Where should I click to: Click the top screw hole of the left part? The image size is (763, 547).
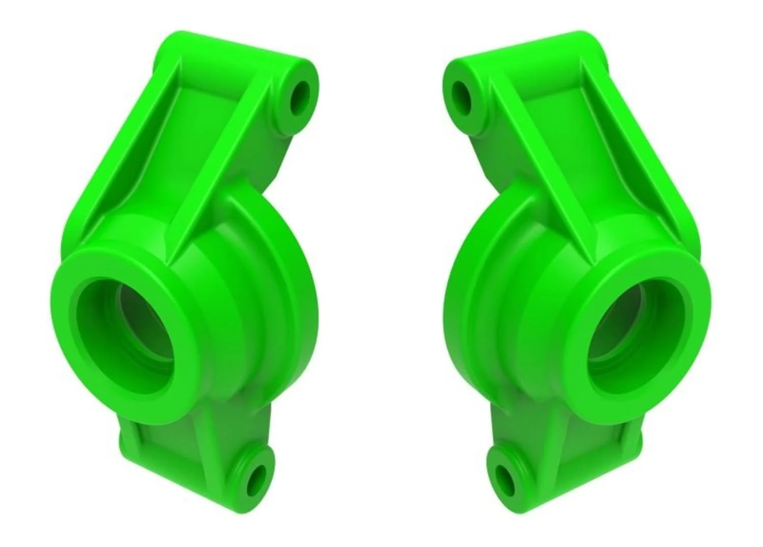300,98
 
